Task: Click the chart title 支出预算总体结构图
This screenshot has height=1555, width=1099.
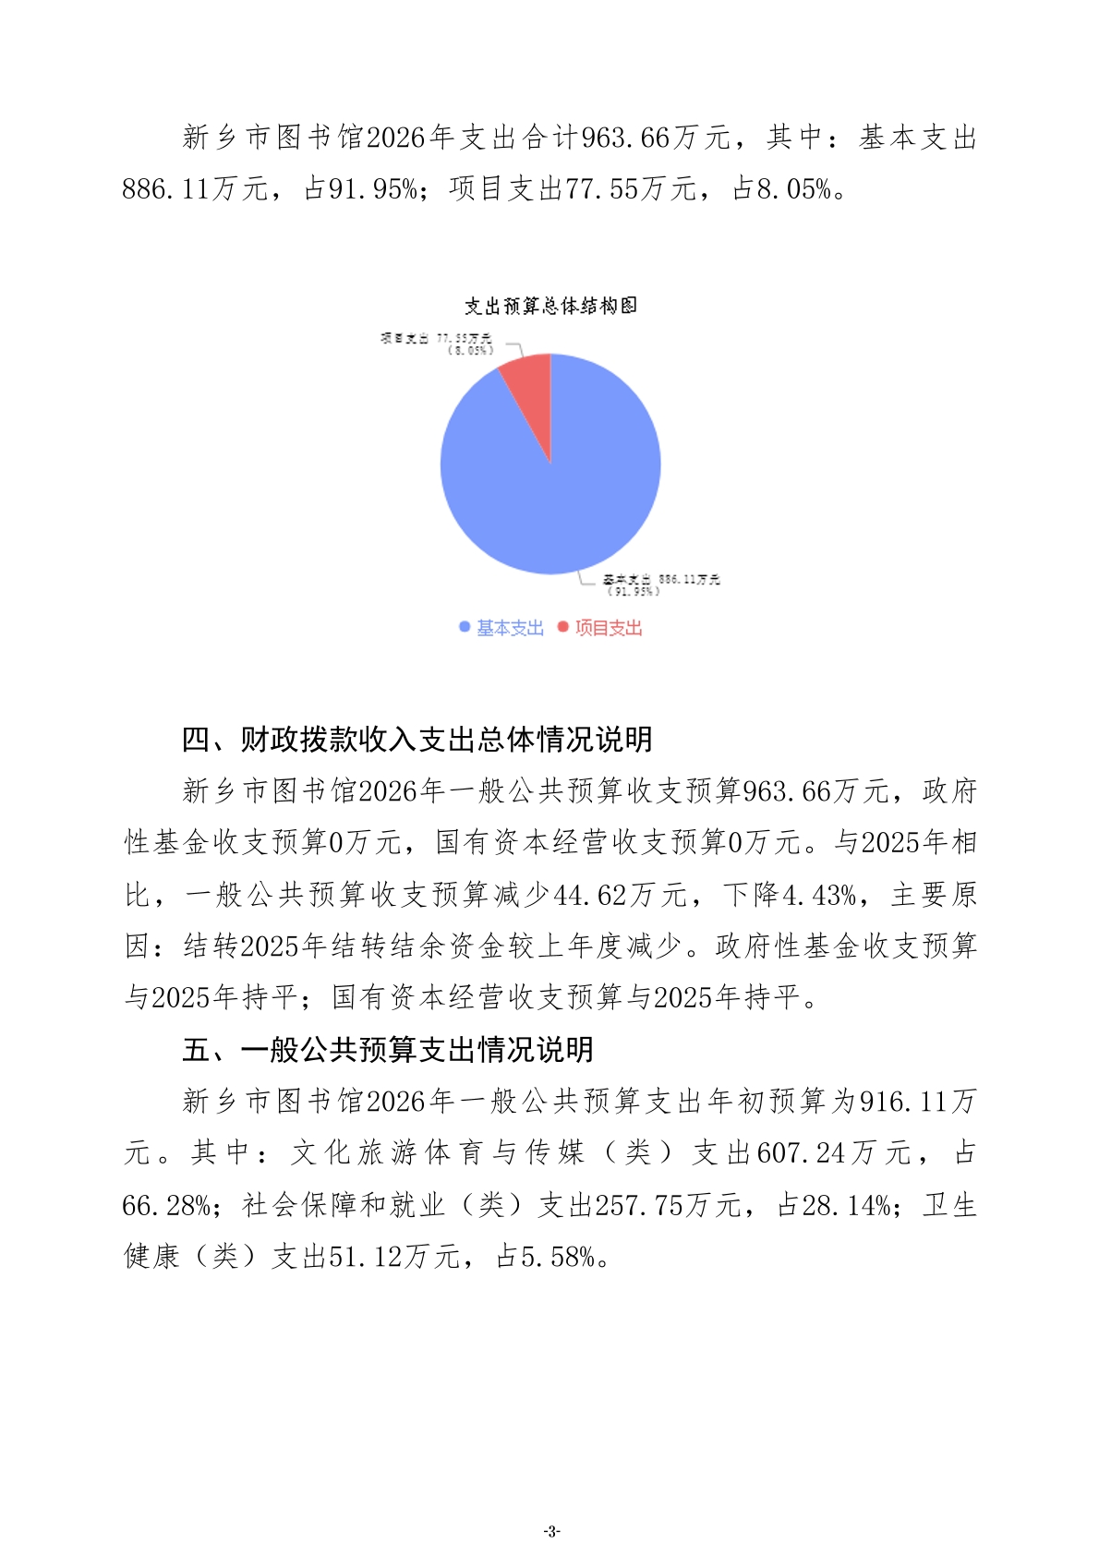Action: pos(550,306)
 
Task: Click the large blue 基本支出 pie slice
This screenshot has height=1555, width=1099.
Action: pos(554,489)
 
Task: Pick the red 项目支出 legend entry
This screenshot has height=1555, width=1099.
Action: pos(600,628)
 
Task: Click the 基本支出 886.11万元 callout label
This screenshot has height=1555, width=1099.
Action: pos(661,585)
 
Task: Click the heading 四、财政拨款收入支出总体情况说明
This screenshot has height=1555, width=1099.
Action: pos(417,740)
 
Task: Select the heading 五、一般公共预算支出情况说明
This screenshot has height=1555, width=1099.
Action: pos(388,1050)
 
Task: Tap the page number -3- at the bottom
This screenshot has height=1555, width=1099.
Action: pos(551,1532)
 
